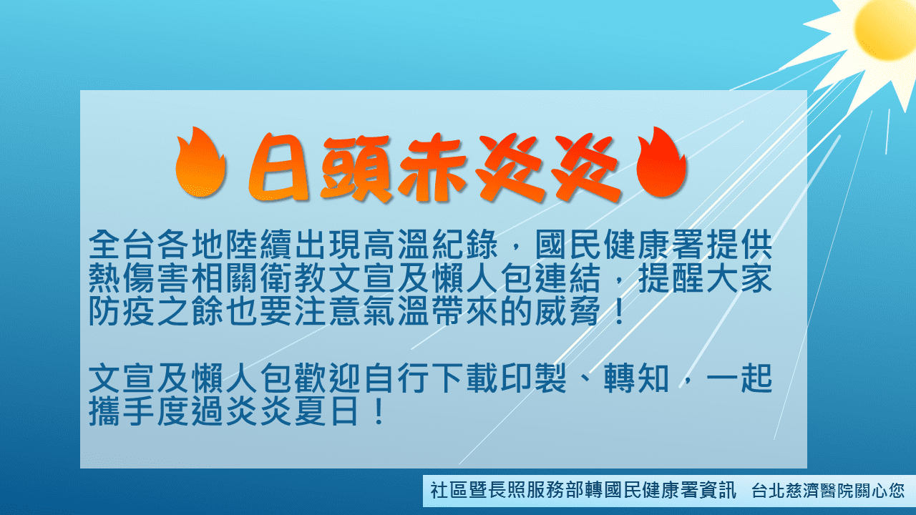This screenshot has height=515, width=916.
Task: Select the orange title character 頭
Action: tap(356, 168)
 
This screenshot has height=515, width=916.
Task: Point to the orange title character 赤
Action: tap(433, 168)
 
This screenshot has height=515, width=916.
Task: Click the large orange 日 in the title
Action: tap(279, 168)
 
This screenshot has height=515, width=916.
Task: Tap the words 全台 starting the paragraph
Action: tap(122, 245)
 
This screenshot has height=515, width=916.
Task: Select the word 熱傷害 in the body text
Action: tap(140, 278)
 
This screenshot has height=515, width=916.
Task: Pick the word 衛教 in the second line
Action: tap(294, 278)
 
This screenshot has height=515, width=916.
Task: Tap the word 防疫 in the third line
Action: tap(122, 311)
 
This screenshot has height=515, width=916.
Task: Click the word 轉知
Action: tap(636, 378)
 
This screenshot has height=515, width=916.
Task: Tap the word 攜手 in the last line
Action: tap(122, 411)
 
